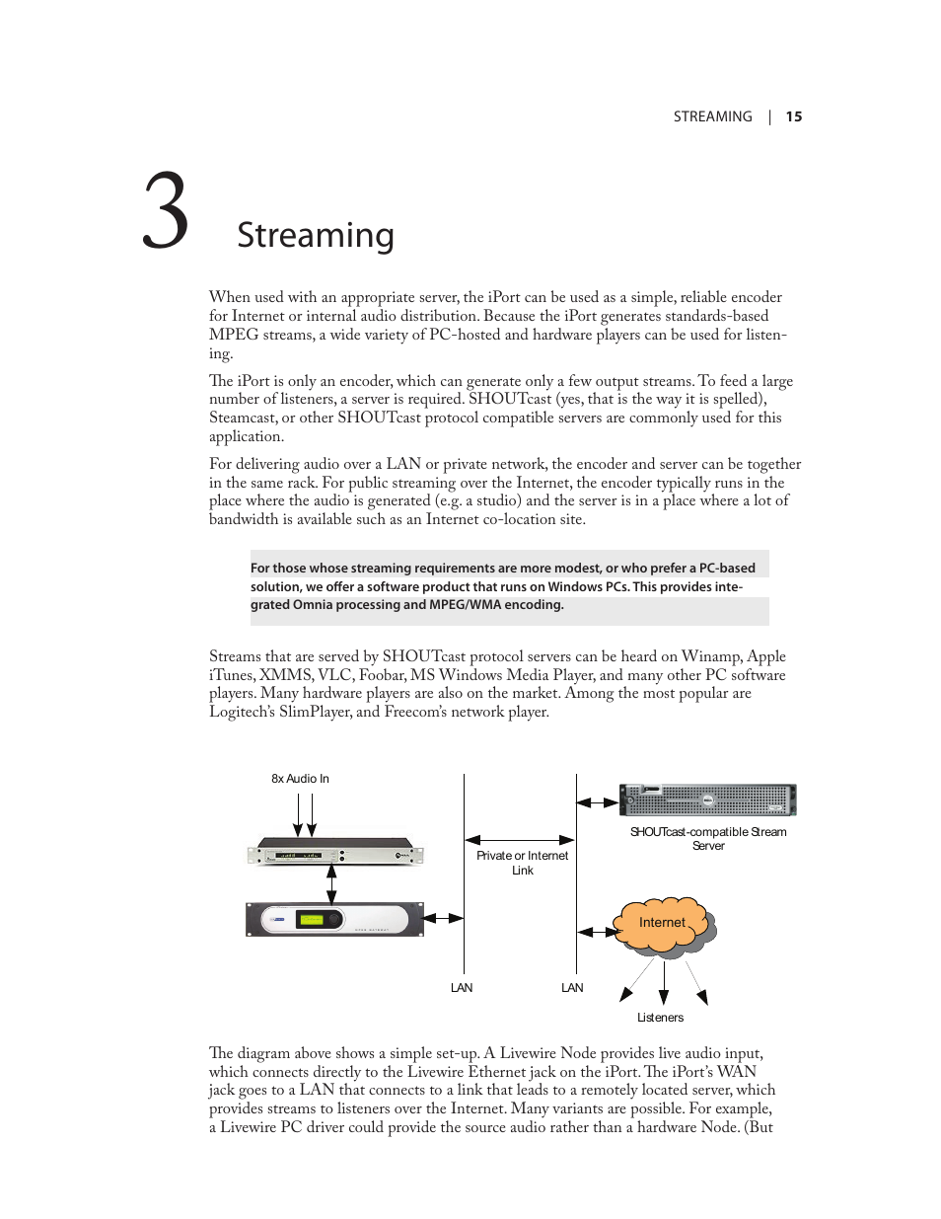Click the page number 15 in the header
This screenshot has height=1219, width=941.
(x=793, y=116)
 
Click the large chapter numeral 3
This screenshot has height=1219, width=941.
(x=166, y=212)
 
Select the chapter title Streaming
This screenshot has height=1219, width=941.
(x=316, y=235)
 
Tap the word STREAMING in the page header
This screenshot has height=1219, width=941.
(x=712, y=116)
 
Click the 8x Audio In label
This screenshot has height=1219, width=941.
(x=300, y=779)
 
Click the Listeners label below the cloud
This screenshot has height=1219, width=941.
(x=660, y=1018)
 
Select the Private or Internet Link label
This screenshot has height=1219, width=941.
(x=522, y=863)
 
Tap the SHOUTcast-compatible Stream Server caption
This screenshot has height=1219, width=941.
(x=708, y=838)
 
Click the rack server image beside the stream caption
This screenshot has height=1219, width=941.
(x=707, y=800)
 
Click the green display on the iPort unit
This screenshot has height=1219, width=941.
(x=312, y=919)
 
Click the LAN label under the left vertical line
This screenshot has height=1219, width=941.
(x=462, y=988)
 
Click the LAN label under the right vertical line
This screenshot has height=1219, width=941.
(x=572, y=988)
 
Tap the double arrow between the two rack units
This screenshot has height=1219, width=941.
(x=332, y=884)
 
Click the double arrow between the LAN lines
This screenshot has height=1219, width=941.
(x=520, y=840)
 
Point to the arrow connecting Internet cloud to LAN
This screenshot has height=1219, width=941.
(x=598, y=932)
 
